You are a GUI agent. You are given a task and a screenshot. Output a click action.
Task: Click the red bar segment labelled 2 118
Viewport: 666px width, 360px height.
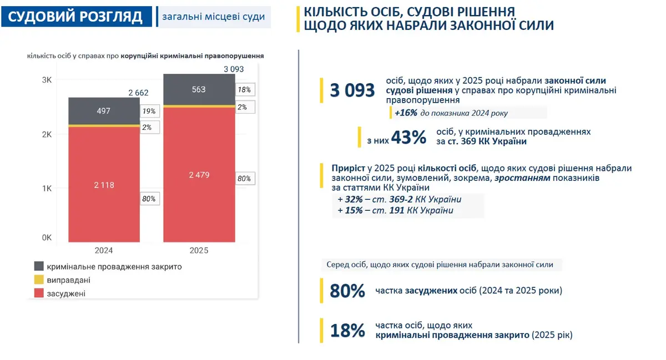(x=104, y=185)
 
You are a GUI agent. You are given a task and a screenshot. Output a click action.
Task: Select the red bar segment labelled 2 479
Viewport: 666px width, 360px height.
(x=199, y=175)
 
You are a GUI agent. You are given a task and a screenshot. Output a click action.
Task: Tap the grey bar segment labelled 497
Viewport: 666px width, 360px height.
(x=104, y=111)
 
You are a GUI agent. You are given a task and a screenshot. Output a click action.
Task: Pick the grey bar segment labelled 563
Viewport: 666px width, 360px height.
(x=199, y=89)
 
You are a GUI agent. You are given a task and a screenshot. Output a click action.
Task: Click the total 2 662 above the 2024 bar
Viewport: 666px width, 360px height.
(x=138, y=93)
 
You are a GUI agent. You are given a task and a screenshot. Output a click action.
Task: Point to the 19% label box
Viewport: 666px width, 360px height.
(x=150, y=111)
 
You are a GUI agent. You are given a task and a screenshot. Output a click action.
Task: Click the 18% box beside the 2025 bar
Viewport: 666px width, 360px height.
(x=245, y=89)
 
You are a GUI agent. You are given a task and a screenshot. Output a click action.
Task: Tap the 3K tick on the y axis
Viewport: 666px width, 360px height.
(x=47, y=80)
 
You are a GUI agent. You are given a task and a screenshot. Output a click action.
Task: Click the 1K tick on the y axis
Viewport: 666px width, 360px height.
(x=47, y=189)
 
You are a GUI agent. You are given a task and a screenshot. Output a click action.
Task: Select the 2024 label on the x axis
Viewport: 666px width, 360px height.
(x=104, y=250)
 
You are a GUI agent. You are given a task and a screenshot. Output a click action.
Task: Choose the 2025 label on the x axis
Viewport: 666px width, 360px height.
(x=199, y=250)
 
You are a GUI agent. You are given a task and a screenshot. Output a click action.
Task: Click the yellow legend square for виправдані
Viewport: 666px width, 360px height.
(x=39, y=280)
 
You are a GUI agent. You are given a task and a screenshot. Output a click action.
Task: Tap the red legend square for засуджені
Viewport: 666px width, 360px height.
(x=39, y=293)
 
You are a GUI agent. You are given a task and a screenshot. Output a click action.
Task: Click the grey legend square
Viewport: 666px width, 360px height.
(x=39, y=266)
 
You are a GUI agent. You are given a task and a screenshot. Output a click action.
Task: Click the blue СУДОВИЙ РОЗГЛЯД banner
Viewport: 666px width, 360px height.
(x=77, y=17)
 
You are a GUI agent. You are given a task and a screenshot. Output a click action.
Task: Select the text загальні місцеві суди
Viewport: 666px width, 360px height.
(x=214, y=17)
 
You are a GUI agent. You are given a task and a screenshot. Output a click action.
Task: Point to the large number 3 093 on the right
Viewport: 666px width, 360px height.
(x=352, y=90)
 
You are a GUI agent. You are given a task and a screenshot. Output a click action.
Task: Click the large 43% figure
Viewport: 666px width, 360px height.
(x=408, y=138)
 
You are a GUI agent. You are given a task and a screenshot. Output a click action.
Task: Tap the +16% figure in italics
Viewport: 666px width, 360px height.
(x=406, y=113)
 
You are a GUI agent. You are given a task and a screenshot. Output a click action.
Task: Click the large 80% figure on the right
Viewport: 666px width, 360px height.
(x=347, y=291)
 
